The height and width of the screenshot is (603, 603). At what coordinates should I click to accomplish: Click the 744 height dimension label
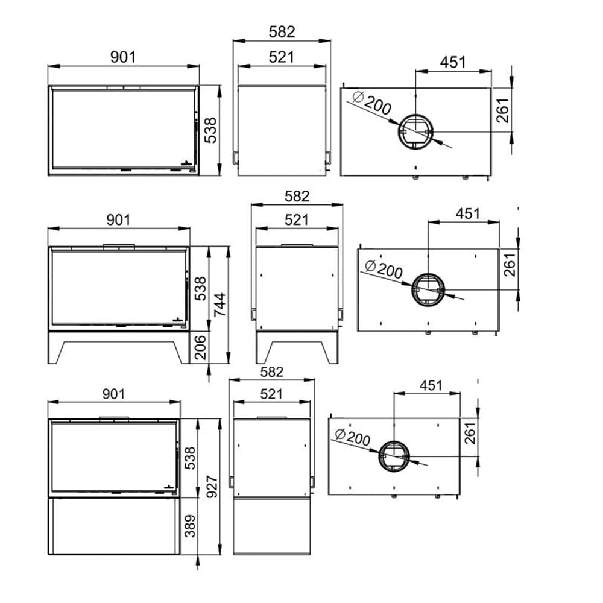[219, 305]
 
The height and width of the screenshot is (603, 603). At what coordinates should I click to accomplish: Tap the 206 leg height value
[200, 347]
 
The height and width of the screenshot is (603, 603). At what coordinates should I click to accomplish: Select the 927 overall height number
[212, 487]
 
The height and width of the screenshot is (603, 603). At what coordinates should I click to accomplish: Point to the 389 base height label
[190, 526]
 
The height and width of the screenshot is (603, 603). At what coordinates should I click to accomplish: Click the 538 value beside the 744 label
[200, 289]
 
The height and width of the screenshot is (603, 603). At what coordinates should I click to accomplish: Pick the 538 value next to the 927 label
[190, 458]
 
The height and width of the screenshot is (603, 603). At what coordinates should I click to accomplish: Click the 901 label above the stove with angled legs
[118, 220]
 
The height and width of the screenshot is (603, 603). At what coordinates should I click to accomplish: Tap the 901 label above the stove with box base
[114, 394]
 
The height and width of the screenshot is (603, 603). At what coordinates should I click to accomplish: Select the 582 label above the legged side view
[297, 197]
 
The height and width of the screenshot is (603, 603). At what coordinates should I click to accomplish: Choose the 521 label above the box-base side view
[271, 394]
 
